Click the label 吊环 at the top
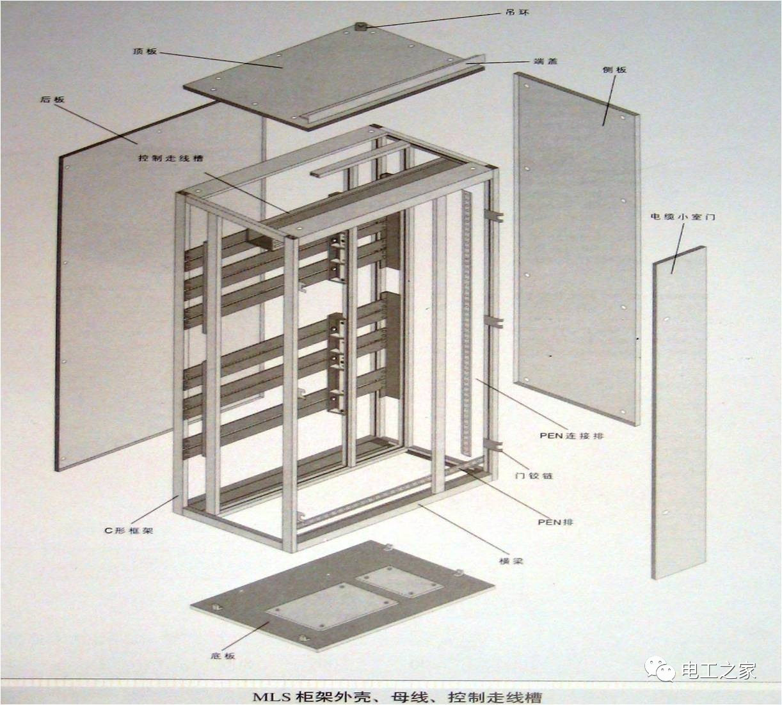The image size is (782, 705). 517,12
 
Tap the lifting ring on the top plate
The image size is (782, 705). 360,27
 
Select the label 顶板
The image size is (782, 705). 144,51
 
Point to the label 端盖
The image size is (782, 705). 545,61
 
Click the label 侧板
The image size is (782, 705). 614,69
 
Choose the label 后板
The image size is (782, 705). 52,100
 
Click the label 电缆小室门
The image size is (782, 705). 683,217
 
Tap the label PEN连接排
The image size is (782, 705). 571,436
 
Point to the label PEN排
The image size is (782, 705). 555,521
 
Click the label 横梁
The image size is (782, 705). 511,560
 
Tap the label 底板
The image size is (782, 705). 222,656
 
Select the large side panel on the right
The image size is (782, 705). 576,250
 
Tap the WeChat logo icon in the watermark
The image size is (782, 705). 659,669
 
